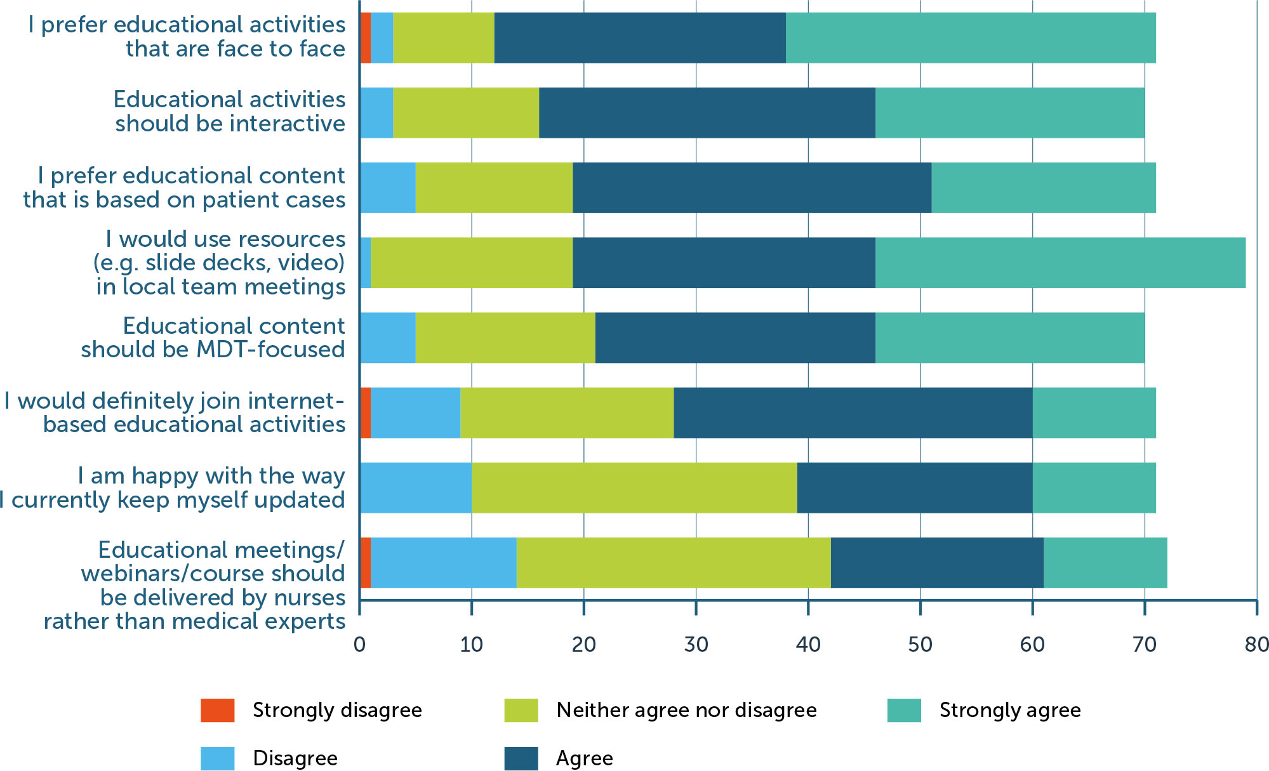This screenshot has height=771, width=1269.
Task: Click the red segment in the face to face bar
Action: tap(365, 37)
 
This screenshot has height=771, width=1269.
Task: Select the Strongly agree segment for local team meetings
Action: tap(1060, 263)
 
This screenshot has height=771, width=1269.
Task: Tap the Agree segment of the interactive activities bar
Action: tap(707, 112)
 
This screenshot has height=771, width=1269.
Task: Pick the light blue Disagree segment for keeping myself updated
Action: tap(415, 487)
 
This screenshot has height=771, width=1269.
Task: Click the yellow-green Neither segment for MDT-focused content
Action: tap(505, 338)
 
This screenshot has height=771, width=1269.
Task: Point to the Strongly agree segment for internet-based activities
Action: tap(1094, 412)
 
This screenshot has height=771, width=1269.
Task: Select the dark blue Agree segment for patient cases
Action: tap(752, 188)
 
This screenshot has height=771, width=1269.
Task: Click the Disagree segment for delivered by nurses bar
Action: tap(443, 562)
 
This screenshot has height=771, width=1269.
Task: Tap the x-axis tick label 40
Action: tap(807, 645)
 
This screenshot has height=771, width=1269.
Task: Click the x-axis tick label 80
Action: tap(1256, 645)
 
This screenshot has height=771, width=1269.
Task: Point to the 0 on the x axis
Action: tap(359, 645)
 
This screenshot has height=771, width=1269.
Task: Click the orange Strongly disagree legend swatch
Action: tap(217, 710)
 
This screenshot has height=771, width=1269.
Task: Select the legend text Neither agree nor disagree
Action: tap(686, 710)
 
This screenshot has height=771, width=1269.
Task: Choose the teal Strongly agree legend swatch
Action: tap(903, 710)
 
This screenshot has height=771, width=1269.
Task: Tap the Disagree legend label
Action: tap(295, 758)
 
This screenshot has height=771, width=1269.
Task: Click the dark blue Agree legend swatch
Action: tap(521, 758)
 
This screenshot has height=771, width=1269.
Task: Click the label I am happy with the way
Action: tap(211, 476)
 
